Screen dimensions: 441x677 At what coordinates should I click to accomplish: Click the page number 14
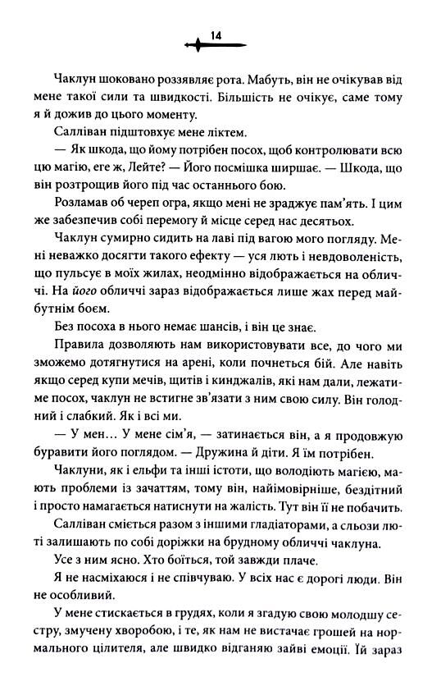point(217,34)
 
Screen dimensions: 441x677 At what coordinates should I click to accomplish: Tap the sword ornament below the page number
point(217,46)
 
